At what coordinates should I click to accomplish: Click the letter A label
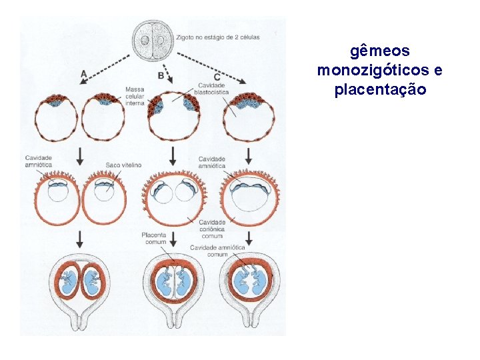pyautogui.click(x=83, y=73)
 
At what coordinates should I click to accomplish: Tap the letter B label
pyautogui.click(x=161, y=76)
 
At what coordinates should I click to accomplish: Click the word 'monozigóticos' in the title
pyautogui.click(x=371, y=70)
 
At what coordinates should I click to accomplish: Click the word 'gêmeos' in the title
pyautogui.click(x=380, y=51)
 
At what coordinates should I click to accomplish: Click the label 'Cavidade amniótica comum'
pyautogui.click(x=217, y=251)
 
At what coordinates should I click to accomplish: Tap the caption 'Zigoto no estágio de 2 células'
pyautogui.click(x=219, y=37)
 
